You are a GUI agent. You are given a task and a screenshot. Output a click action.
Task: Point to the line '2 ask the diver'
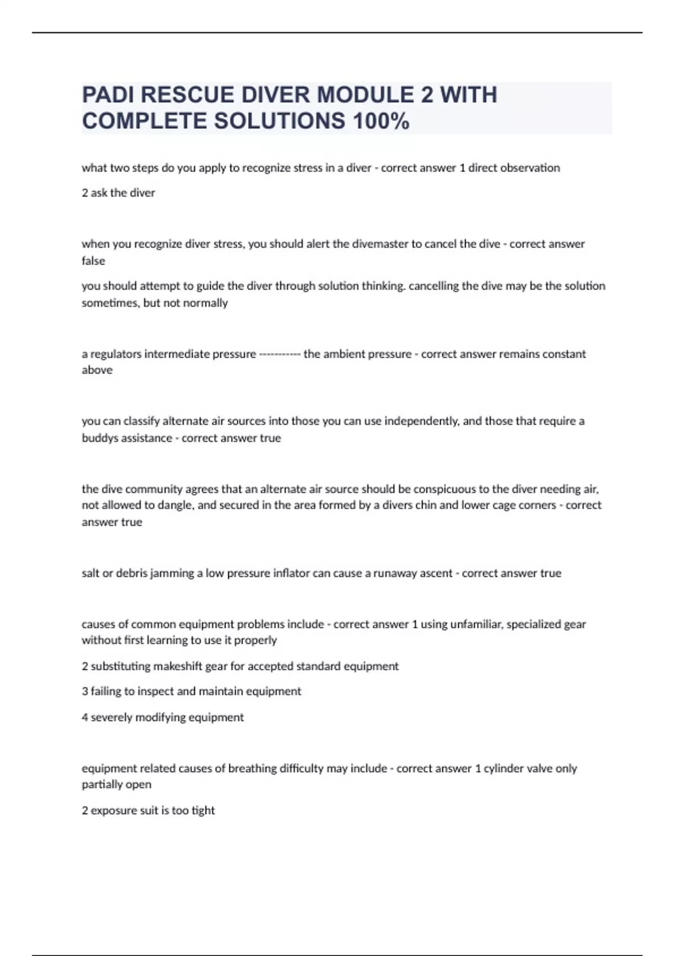tap(118, 193)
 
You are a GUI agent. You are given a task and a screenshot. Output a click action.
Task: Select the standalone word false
tap(93, 261)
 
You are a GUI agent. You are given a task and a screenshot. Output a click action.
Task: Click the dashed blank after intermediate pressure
tap(280, 354)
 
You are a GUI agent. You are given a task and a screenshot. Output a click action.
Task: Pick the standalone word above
tap(97, 370)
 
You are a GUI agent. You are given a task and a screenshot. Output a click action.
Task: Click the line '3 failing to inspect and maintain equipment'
tap(191, 691)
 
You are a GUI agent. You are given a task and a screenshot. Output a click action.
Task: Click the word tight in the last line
tap(203, 810)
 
